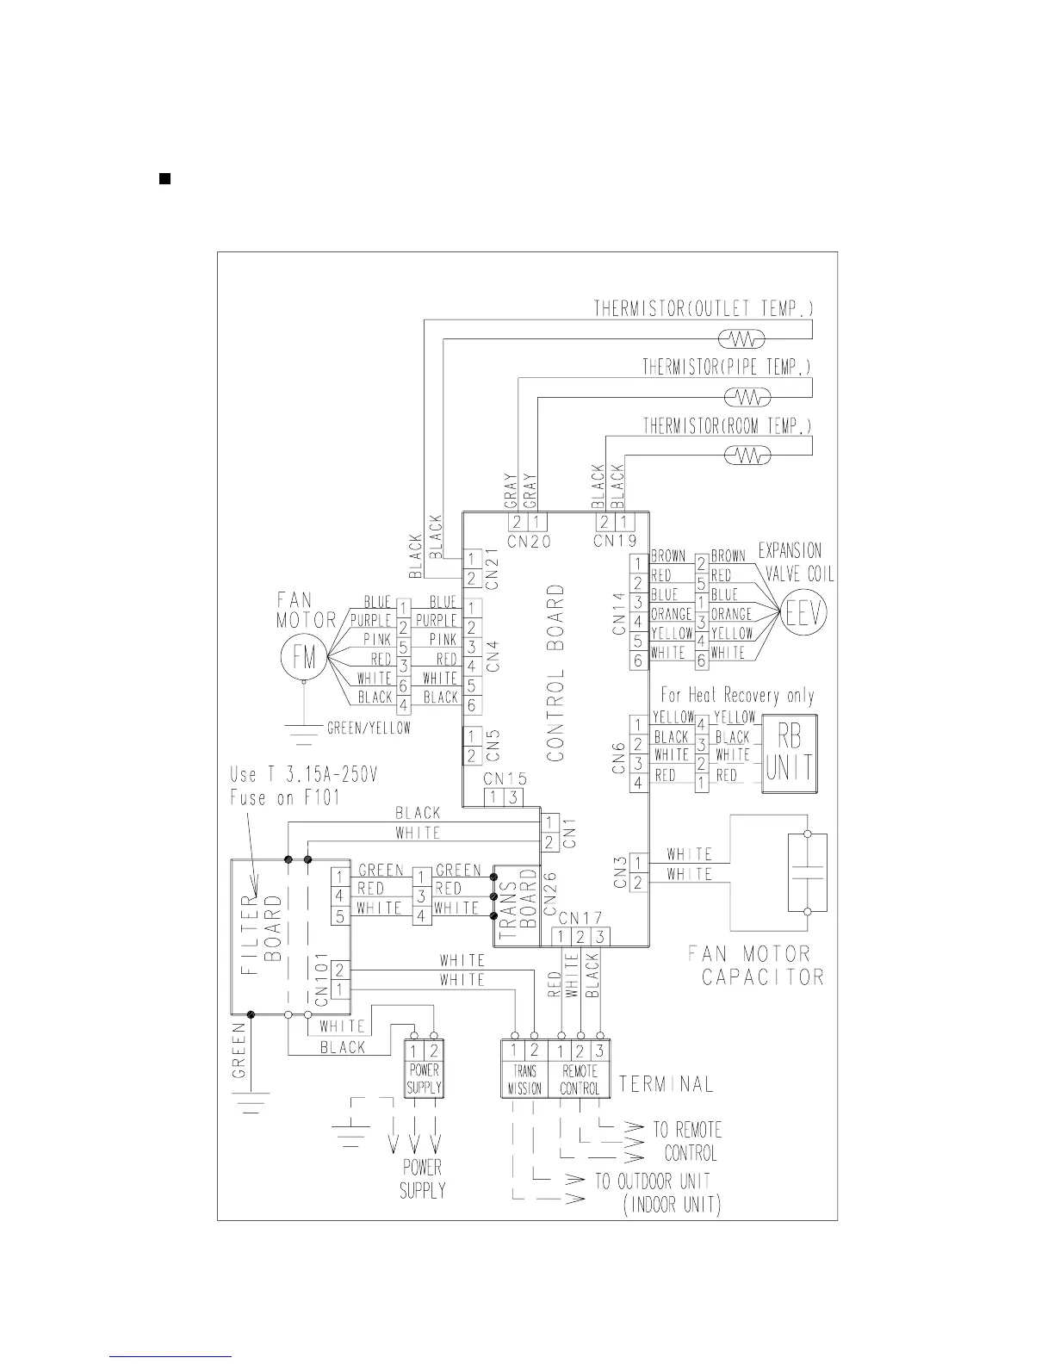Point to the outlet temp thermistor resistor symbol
click(741, 338)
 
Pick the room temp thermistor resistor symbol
click(747, 455)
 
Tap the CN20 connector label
click(529, 542)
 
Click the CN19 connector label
click(615, 542)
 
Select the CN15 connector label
click(505, 778)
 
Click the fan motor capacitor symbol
click(807, 872)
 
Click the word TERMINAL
click(666, 1084)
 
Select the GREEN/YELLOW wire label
click(369, 728)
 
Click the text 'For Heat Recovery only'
click(737, 695)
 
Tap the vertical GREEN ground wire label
click(239, 1050)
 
